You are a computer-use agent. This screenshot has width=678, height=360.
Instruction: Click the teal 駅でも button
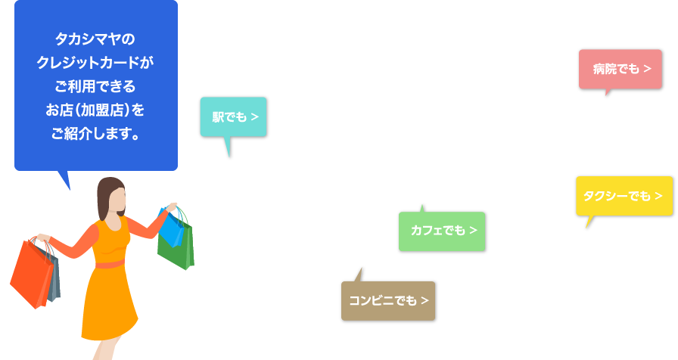coord(234,117)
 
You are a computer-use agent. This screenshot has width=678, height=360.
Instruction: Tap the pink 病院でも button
coord(620,69)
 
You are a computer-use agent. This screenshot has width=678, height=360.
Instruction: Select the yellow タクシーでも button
coord(624,196)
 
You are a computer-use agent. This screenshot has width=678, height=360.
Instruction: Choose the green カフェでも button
coord(442,231)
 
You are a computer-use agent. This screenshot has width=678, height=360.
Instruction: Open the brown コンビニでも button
coord(388,301)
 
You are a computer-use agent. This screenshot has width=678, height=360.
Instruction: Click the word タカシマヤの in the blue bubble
coord(95,39)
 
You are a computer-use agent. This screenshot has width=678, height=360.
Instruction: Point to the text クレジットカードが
coord(95,63)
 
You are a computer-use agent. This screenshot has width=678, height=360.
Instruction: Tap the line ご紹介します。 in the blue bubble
coord(95,134)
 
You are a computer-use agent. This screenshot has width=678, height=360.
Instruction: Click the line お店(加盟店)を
coord(95,110)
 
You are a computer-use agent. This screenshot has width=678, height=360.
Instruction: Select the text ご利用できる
coord(95,86)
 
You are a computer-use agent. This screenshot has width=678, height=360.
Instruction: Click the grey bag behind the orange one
coord(54,277)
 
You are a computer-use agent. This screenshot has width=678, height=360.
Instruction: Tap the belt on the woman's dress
coord(110,264)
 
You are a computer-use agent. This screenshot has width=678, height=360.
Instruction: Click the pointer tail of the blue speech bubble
coord(65,179)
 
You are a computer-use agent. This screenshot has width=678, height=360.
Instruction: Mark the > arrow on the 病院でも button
coord(647,69)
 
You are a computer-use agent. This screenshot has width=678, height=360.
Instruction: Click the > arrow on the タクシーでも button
coord(658,196)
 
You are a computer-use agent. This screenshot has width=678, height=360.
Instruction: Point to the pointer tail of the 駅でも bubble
coord(228,146)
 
